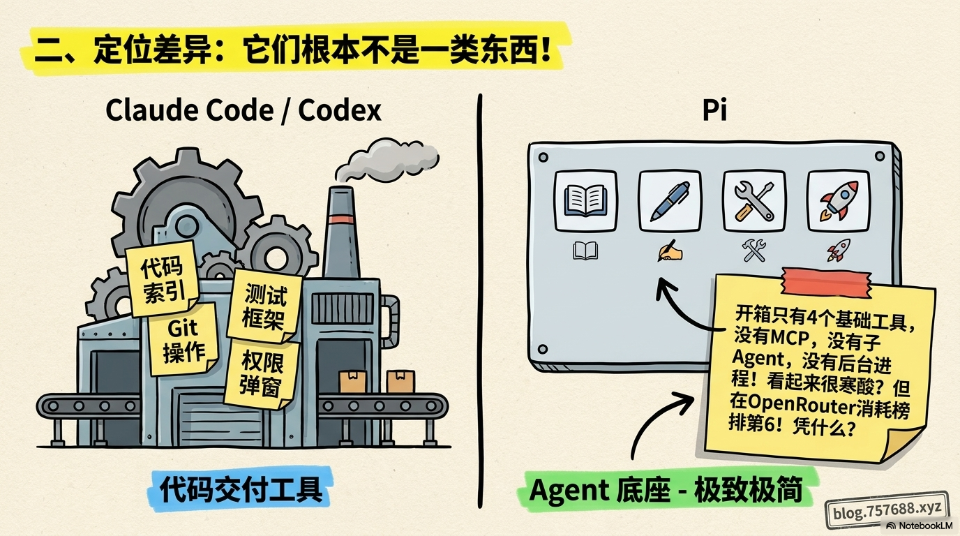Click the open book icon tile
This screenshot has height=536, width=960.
pyautogui.click(x=585, y=201)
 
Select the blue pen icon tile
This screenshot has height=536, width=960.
pyautogui.click(x=670, y=201)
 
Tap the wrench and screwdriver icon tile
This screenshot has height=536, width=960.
pyautogui.click(x=754, y=201)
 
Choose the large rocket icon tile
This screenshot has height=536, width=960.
pyautogui.click(x=839, y=201)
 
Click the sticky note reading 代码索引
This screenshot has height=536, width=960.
pyautogui.click(x=163, y=278)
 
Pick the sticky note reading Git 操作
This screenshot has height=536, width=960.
pyautogui.click(x=183, y=340)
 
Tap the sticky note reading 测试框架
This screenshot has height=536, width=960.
pyautogui.click(x=264, y=306)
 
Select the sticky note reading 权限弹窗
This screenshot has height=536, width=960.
pyautogui.click(x=262, y=373)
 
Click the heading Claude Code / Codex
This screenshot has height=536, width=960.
pyautogui.click(x=243, y=111)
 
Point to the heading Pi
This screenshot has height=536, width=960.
pyautogui.click(x=714, y=110)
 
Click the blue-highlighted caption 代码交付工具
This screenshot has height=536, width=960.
pyautogui.click(x=241, y=489)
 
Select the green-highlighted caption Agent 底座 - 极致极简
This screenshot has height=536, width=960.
pyautogui.click(x=666, y=490)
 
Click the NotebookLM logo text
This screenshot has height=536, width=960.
pyautogui.click(x=920, y=526)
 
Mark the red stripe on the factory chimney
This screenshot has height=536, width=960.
pyautogui.click(x=342, y=220)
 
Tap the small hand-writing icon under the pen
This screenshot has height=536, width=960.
pyautogui.click(x=670, y=251)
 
